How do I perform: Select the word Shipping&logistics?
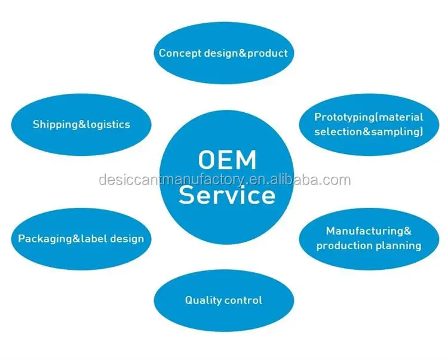coord(81,124)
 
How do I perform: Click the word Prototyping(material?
coord(369,116)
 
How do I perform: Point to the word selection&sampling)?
coord(369,131)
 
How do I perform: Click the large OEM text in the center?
coord(227,160)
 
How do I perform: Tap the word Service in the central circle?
coord(227,195)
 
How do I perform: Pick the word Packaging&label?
coord(63,239)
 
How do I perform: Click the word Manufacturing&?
coord(369,230)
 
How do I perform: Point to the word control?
coord(244,300)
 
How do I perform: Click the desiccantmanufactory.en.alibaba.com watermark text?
coord(224,180)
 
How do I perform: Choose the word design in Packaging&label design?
coord(127,239)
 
